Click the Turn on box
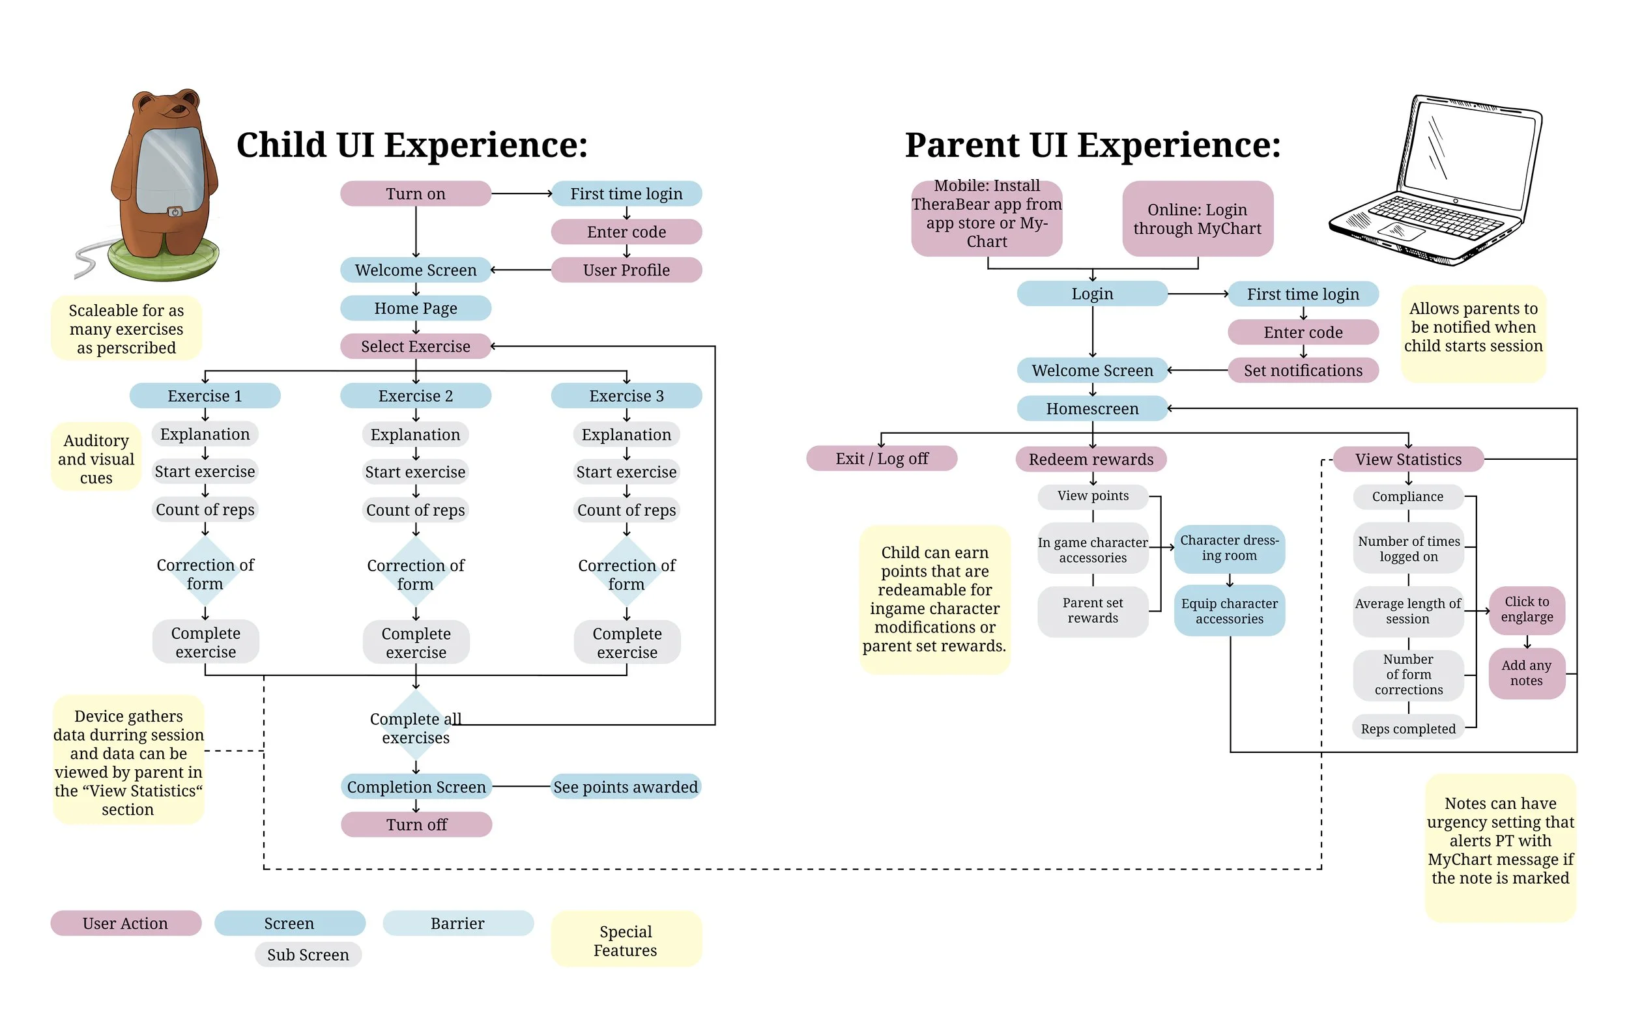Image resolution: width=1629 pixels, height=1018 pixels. coord(416,194)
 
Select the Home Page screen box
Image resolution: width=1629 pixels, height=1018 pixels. coord(416,308)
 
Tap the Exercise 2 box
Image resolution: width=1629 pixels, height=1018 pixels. coord(416,396)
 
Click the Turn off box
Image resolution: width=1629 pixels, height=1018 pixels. coord(416,825)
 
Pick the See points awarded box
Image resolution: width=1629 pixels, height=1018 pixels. coord(626,787)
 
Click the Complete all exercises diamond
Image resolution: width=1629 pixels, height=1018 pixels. coord(416,728)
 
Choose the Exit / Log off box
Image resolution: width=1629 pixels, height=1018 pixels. coord(882,459)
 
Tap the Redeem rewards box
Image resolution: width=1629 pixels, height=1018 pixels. coord(1091,460)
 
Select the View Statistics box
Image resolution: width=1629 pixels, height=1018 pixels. coord(1408,460)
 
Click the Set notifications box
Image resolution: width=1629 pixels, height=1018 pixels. coord(1303,371)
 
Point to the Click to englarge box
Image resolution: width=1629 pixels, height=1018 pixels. coord(1527,610)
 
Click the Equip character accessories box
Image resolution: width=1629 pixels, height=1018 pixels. coord(1230,612)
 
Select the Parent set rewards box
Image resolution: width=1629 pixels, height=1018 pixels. coord(1092,612)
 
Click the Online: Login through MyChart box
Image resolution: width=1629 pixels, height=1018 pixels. coord(1198,219)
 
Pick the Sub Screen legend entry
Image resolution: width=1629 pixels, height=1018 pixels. coord(308,955)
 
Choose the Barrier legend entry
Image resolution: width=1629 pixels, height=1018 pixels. coord(458,924)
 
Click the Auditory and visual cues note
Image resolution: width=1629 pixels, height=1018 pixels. coord(96,459)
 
